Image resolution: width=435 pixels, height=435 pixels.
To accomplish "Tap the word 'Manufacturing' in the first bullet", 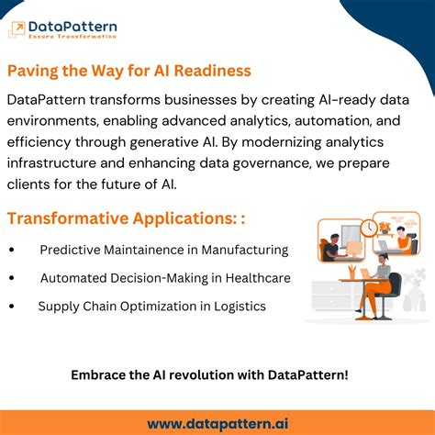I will (245, 250).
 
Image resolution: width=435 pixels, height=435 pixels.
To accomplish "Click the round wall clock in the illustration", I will (369, 227).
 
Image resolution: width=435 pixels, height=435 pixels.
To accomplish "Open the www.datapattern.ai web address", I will (217, 422).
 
